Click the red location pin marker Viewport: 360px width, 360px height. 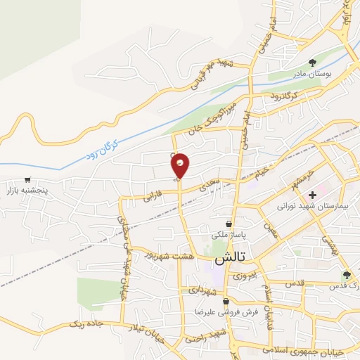[181, 165]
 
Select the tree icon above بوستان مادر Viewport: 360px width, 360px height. [312, 63]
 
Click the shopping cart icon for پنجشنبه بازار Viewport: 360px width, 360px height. [27, 180]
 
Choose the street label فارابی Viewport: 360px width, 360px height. [153, 196]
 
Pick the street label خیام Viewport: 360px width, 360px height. [260, 170]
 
